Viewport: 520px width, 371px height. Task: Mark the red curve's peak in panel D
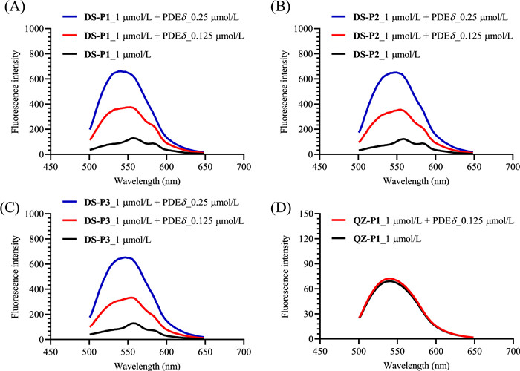tap(400, 279)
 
